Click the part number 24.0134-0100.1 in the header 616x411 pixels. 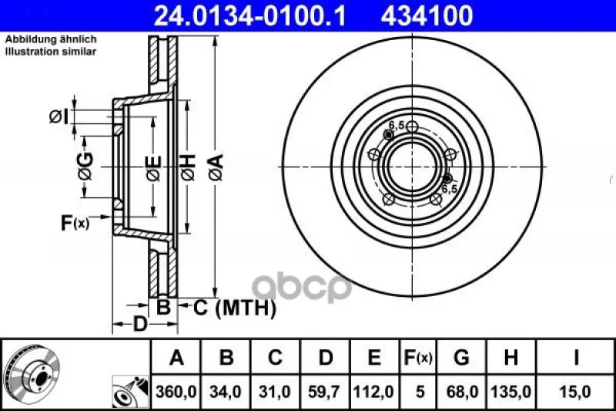(249, 15)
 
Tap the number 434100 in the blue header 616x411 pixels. (427, 15)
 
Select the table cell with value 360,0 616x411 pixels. (176, 392)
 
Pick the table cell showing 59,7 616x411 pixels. (325, 392)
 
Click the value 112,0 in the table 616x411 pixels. (373, 392)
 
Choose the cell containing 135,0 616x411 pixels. (511, 392)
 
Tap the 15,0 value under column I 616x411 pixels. (575, 392)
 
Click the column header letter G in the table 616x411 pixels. (461, 358)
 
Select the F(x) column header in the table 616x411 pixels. (418, 358)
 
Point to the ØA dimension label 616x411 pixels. (216, 167)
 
